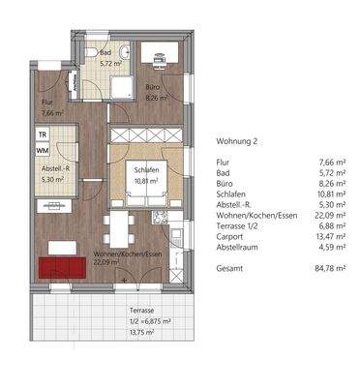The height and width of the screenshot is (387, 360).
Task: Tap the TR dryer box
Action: [43, 135]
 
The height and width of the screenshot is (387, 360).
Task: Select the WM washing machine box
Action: [43, 151]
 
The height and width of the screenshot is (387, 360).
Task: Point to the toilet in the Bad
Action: [87, 53]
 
